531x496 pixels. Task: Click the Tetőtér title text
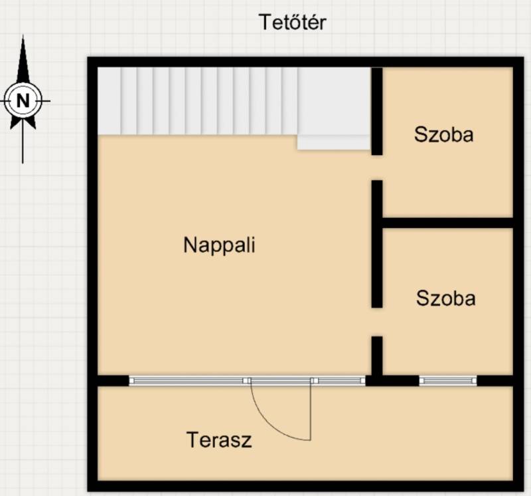[293, 23]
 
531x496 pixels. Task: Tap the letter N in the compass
[23, 101]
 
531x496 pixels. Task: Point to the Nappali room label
[219, 245]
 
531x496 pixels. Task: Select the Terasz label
[219, 439]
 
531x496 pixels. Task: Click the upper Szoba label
[443, 134]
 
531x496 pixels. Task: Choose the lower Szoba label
[445, 299]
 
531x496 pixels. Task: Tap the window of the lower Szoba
[448, 381]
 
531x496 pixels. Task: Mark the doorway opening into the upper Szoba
[377, 168]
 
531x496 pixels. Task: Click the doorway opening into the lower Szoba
[377, 322]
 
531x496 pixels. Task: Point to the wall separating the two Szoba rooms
[447, 223]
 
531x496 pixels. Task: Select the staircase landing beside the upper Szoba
[334, 101]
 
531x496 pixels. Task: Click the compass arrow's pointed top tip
[23, 35]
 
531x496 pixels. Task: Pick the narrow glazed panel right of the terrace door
[339, 381]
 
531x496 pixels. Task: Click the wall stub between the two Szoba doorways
[377, 244]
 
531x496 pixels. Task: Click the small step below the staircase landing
[334, 142]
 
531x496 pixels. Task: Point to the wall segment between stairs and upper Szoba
[377, 111]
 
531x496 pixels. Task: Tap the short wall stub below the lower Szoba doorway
[377, 356]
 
